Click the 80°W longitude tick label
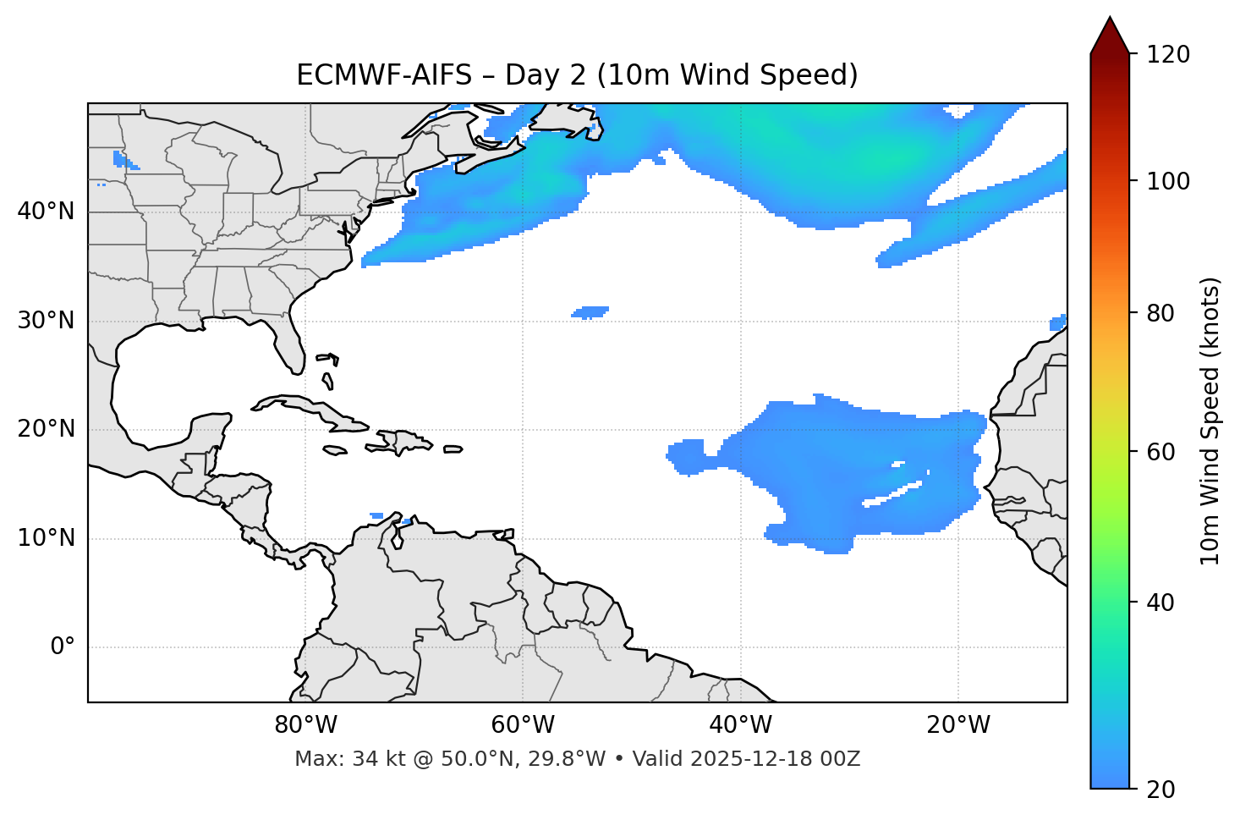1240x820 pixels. click(305, 725)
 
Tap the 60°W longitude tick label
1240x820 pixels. click(523, 725)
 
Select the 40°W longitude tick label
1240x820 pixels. click(740, 725)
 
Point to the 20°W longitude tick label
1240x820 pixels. click(957, 725)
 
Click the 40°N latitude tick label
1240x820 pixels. click(46, 212)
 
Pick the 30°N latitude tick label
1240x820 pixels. click(46, 321)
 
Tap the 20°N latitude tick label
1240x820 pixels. click(46, 429)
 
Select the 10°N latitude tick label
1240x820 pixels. click(46, 538)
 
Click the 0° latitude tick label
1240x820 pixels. click(63, 647)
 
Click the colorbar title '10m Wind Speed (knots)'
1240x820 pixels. click(1210, 421)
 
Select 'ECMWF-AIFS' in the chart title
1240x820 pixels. click(383, 75)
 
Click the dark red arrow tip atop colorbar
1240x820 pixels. click(1109, 34)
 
